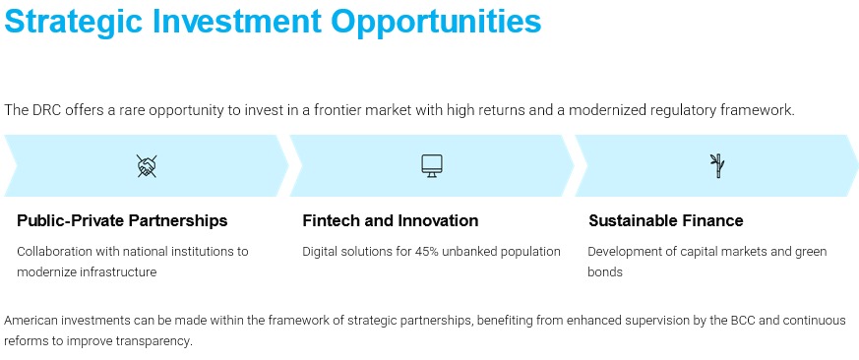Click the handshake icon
pos(147,166)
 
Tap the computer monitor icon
pos(432,165)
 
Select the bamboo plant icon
pos(716,166)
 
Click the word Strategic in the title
pos(74,22)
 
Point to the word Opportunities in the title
pos(436,22)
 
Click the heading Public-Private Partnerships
pos(122,221)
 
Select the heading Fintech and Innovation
pos(390,221)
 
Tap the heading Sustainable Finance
pos(665,221)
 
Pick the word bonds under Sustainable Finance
pos(605,271)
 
